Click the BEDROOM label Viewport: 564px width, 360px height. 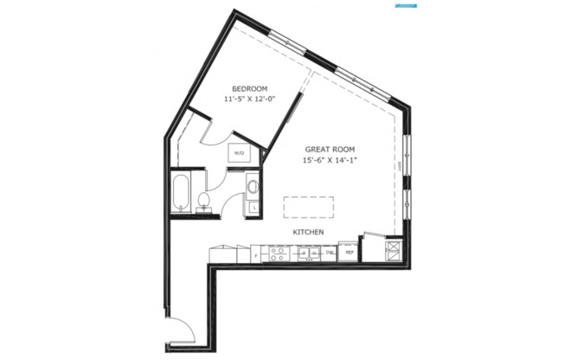pos(248,89)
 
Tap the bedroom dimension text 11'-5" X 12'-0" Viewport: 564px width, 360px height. pos(248,100)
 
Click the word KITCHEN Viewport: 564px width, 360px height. pos(308,233)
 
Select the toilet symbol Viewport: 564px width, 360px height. pos(205,201)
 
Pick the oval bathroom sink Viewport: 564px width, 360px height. pos(253,186)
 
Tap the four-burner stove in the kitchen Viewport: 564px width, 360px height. pos(280,254)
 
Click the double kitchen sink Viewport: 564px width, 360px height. pos(307,254)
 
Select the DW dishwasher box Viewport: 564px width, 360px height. pos(329,254)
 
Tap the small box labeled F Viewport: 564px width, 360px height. pos(257,255)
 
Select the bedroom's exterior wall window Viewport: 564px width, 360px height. pos(286,40)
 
